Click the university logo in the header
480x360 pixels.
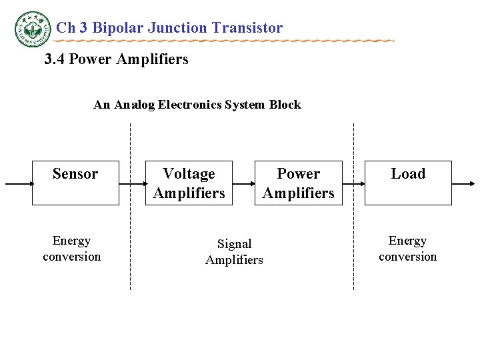click(32, 29)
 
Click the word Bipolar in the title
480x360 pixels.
click(116, 28)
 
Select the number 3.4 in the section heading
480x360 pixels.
click(55, 59)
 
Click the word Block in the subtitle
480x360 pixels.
click(285, 105)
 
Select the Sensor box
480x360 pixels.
click(75, 183)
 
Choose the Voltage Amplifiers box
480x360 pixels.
click(189, 183)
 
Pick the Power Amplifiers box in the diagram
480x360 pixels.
click(298, 183)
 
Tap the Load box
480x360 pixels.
click(407, 183)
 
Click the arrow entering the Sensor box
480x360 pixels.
click(19, 183)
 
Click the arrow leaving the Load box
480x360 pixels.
click(464, 183)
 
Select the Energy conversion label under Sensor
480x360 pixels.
click(71, 249)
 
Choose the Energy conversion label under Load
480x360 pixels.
click(407, 249)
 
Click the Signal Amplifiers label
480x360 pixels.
click(234, 252)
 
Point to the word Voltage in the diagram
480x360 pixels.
click(189, 174)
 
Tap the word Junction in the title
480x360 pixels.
click(176, 28)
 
